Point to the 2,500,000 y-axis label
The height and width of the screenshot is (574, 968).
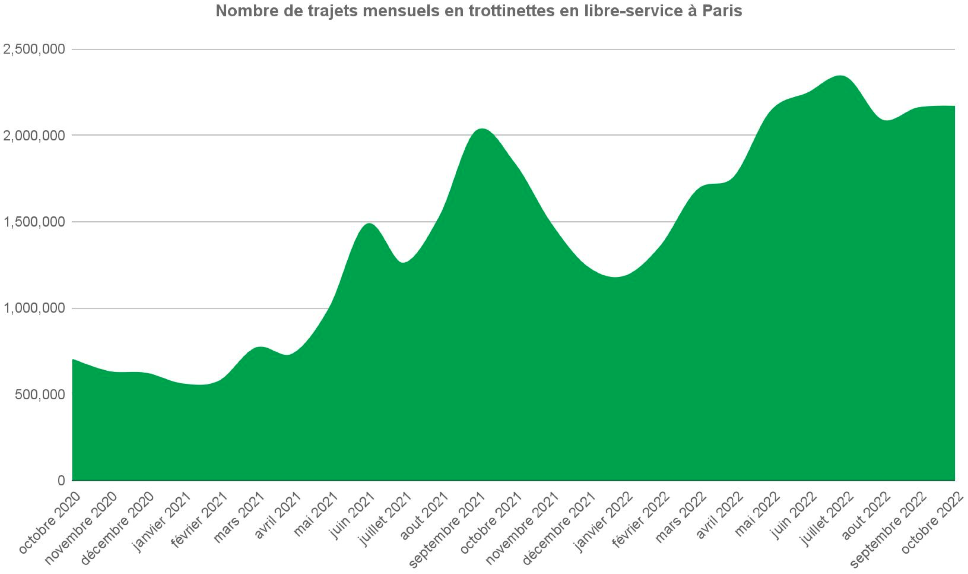34,49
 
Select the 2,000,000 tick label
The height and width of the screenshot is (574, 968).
34,136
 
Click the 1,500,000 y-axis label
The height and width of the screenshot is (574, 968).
34,222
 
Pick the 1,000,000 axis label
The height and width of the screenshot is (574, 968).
34,308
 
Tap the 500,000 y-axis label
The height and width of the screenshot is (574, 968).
40,395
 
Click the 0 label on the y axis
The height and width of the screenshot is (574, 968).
62,481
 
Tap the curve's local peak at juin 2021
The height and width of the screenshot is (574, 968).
369,224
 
